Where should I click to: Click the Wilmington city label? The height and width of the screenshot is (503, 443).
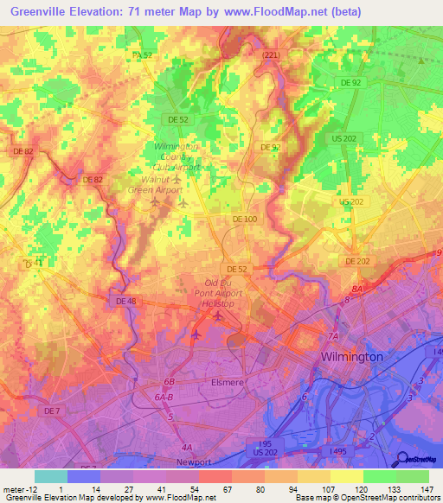[x=351, y=356]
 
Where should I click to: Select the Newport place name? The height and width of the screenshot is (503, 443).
[x=194, y=462]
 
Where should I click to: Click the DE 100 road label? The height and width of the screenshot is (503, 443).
[x=245, y=220]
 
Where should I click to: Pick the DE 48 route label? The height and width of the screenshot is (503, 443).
[x=126, y=301]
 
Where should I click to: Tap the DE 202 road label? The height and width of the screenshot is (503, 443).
[x=357, y=261]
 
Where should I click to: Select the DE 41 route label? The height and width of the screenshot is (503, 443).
[x=32, y=262]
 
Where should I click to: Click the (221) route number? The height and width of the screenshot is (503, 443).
[x=272, y=54]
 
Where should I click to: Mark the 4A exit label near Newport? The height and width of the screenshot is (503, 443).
[x=186, y=447]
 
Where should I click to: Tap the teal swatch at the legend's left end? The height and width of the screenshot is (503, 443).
[x=51, y=476]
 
